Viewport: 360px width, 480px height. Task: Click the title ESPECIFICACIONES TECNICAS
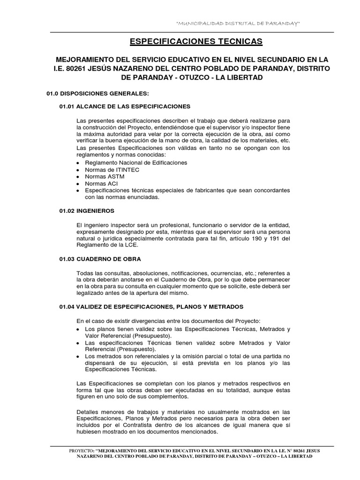(x=196, y=42)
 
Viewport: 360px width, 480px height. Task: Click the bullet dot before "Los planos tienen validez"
(x=78, y=330)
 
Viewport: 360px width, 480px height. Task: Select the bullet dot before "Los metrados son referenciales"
(x=78, y=356)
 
